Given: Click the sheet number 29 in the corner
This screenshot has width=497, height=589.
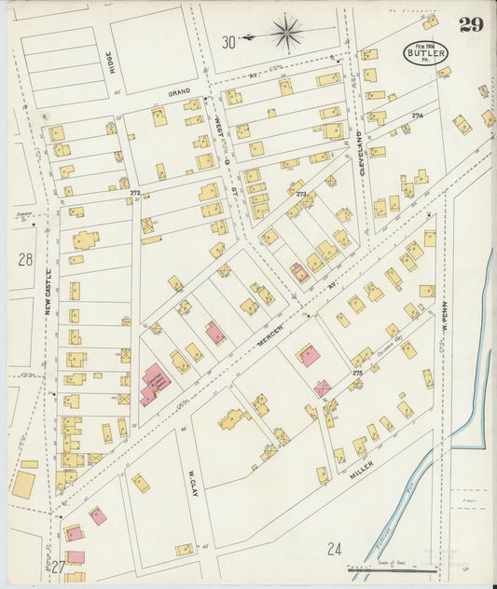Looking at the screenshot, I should pyautogui.click(x=471, y=24).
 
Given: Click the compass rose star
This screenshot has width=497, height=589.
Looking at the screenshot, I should pyautogui.click(x=287, y=34).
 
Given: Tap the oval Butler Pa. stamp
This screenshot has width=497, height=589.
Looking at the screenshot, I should pyautogui.click(x=426, y=53).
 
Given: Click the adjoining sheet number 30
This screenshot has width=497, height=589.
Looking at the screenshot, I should pyautogui.click(x=228, y=41).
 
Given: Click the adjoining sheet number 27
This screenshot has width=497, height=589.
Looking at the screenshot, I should pyautogui.click(x=58, y=567).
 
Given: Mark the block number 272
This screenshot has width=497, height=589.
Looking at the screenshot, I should pyautogui.click(x=135, y=193).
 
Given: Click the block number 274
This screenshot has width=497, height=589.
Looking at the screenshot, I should pyautogui.click(x=417, y=116).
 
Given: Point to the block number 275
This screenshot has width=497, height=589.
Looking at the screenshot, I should pyautogui.click(x=356, y=373).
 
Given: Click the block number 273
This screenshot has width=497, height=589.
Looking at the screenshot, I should pyautogui.click(x=300, y=195).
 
